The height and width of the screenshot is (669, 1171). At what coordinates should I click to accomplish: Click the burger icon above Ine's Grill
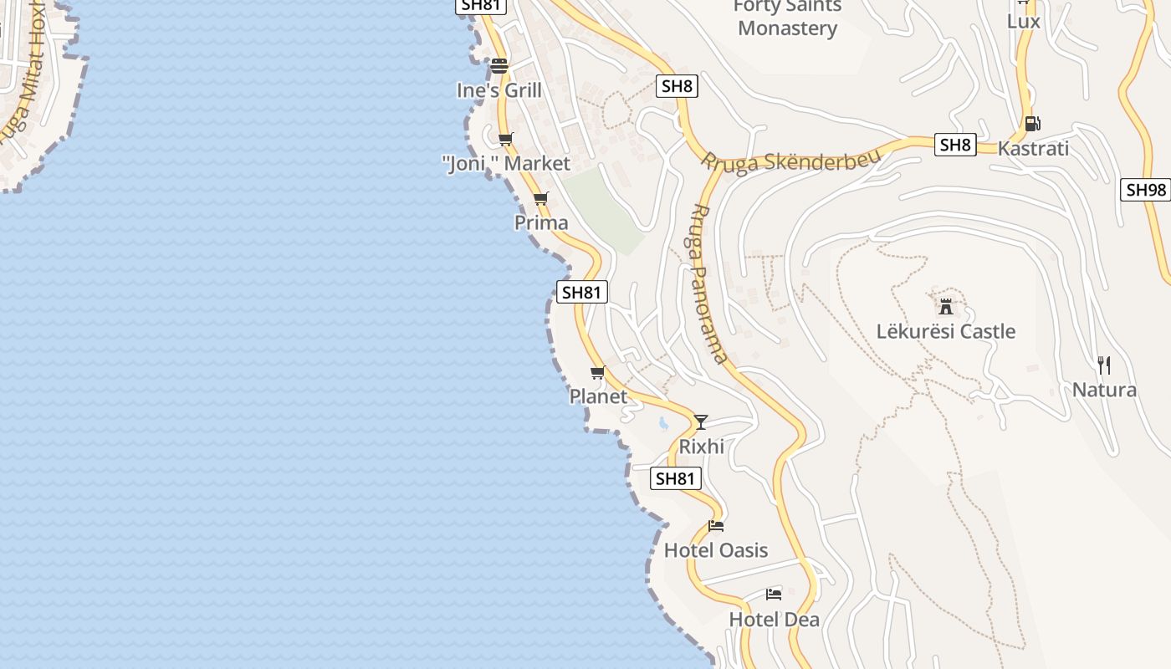coord(499,65)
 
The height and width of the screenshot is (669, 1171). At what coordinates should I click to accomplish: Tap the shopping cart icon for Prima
coord(540,199)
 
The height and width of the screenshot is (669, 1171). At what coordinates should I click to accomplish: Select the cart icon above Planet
coord(597,372)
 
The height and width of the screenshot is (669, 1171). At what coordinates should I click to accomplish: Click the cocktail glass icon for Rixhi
coord(701,422)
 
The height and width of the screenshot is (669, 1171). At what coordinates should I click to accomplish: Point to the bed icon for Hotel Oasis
coord(716,526)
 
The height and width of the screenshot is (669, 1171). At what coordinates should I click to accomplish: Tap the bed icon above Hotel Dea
coord(774,595)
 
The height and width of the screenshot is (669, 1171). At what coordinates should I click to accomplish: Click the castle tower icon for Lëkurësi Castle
coord(946,306)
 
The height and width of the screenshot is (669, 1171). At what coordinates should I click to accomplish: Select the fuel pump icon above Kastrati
coord(1033,124)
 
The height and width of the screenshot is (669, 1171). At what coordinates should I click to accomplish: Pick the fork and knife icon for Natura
coord(1104,365)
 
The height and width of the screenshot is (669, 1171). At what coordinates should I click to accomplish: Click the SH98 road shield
coord(1145,190)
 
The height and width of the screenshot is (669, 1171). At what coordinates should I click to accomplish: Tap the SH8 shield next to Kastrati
coord(955,145)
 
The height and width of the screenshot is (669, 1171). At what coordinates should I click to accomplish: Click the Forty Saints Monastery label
coord(787,18)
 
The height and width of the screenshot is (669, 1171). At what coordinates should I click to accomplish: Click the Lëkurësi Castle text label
coord(946,331)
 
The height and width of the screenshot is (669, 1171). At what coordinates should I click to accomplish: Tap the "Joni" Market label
coord(506,163)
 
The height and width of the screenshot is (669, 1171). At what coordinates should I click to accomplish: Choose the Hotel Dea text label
coord(774,620)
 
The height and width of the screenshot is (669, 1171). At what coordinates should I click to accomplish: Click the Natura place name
coord(1104,390)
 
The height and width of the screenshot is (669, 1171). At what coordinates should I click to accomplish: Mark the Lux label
coord(1023,20)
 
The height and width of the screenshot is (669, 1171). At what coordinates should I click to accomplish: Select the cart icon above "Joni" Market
coord(505,139)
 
